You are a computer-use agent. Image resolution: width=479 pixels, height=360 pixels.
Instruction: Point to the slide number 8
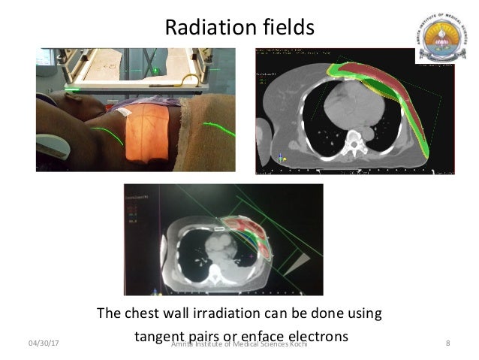click(x=447, y=343)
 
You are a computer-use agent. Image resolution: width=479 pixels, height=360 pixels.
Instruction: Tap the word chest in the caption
click(x=142, y=312)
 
